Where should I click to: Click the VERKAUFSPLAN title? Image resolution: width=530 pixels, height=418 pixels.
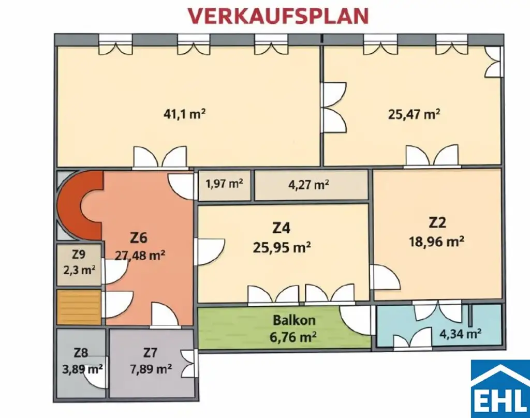[278, 16]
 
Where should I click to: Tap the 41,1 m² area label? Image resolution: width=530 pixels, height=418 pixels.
[181, 114]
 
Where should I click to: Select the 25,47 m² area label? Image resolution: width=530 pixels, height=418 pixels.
[414, 114]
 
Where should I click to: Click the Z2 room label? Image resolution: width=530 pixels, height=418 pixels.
[437, 222]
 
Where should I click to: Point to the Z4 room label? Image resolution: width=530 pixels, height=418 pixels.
[282, 228]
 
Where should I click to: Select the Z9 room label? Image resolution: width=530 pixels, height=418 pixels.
[79, 255]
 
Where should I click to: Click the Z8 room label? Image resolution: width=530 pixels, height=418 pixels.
[80, 353]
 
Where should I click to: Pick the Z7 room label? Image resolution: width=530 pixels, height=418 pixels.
[150, 353]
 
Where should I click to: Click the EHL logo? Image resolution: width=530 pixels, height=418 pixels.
[499, 388]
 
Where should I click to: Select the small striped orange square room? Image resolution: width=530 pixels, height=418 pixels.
[79, 307]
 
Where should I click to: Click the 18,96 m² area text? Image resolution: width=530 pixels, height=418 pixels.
[437, 241]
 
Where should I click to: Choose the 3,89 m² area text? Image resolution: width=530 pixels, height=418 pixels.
[80, 369]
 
